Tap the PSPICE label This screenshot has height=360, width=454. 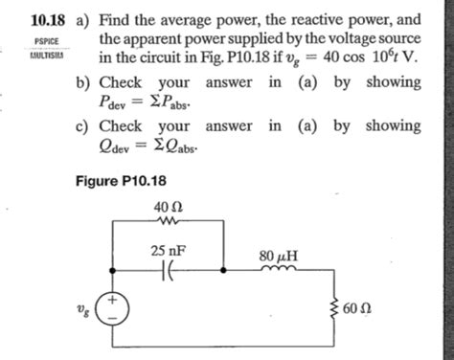click(46, 41)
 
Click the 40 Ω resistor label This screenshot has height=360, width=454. click(166, 207)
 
